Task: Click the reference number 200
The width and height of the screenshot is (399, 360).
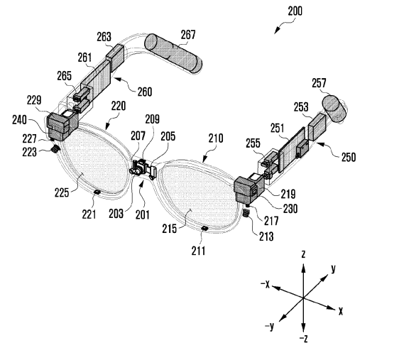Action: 295,11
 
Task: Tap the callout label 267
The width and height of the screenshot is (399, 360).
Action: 188,35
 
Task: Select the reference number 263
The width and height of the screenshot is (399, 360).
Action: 104,37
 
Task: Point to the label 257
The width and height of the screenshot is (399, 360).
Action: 319,83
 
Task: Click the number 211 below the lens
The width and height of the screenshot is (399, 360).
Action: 198,251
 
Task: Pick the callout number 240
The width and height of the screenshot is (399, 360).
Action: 19,120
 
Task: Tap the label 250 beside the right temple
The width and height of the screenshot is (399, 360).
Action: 348,157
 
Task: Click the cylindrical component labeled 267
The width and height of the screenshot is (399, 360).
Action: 173,54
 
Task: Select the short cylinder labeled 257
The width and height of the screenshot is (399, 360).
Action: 334,109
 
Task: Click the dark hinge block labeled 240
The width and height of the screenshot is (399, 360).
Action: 62,126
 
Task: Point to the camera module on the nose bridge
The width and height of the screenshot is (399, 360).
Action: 138,168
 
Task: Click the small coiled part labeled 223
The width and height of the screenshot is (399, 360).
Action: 55,149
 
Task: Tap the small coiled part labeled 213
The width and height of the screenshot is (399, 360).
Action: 246,213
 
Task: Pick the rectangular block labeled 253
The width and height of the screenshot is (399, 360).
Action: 317,127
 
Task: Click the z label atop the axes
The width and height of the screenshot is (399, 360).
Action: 303,254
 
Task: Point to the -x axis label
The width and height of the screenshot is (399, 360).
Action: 265,284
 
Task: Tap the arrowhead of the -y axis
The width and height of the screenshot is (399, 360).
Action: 282,318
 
